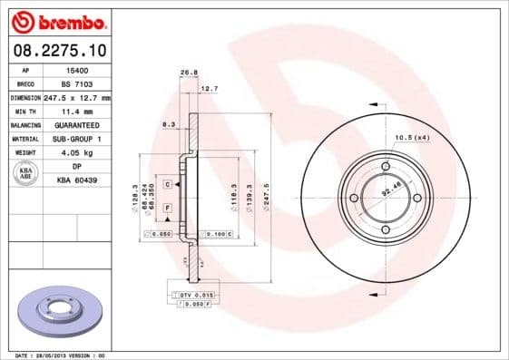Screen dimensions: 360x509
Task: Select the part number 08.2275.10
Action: coord(57,50)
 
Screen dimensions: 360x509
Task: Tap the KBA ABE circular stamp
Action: coord(26,174)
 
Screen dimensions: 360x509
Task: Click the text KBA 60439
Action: coord(77,181)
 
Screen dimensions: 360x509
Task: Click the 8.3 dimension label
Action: coord(168,123)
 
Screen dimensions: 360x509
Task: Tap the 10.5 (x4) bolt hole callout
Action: coord(411,137)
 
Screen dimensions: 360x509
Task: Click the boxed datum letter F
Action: coord(168,208)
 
